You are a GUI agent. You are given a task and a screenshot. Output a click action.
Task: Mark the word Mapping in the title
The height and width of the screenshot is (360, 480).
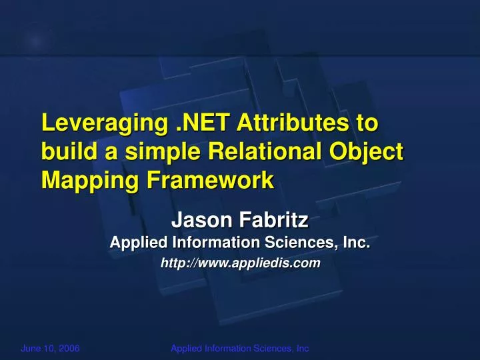[82, 181]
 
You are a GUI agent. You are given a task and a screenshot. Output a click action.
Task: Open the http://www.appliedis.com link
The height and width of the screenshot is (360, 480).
[241, 264]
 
